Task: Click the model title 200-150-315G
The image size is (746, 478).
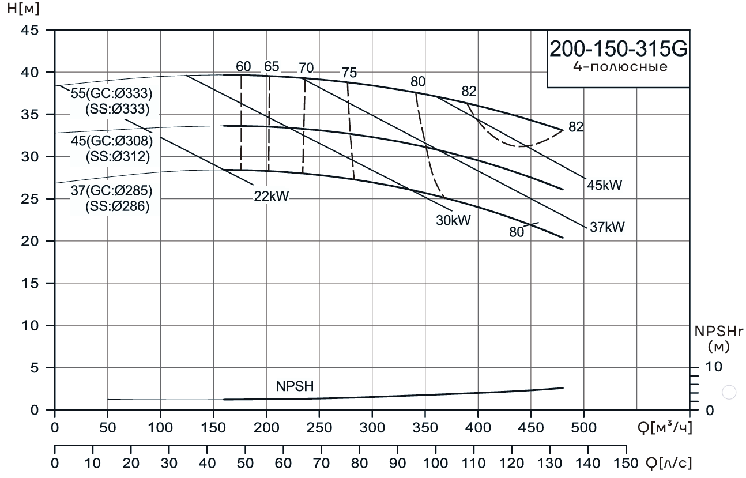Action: coord(618,50)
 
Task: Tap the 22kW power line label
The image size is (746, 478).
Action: coord(271,196)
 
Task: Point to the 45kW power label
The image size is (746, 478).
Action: coord(606,185)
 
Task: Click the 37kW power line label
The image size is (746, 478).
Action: coord(607,227)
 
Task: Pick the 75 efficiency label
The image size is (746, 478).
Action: coord(349,73)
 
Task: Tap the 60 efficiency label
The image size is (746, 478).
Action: coord(243,66)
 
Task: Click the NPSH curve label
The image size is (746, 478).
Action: coord(294,386)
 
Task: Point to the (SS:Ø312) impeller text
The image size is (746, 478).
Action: coord(117,156)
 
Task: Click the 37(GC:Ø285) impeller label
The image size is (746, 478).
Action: coord(111,191)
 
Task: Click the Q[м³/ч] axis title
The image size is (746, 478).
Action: coord(664,427)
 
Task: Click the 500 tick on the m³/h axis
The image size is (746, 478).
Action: coord(584,427)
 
